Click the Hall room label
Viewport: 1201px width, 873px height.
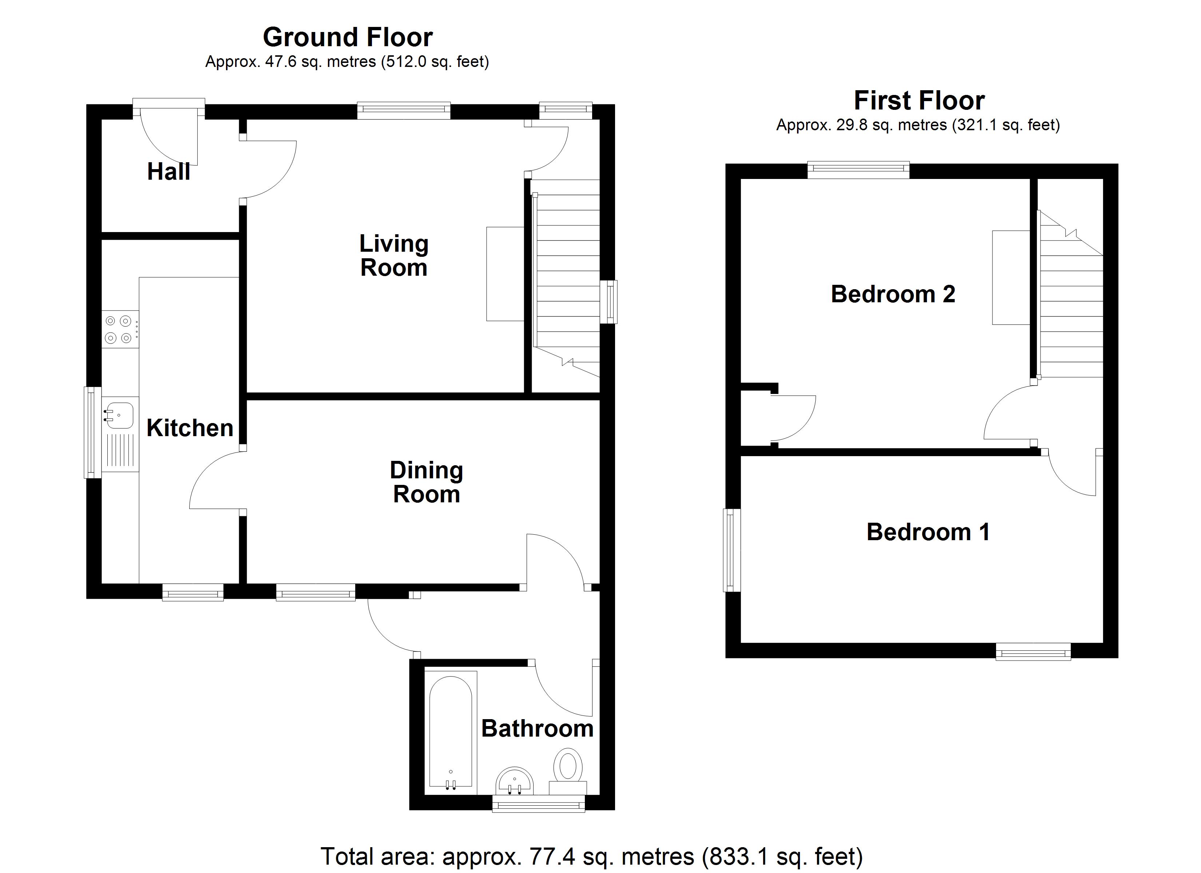point(169,172)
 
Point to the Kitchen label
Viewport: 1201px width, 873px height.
point(190,428)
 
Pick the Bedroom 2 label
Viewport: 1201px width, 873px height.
point(893,294)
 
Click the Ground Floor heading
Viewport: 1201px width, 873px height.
point(348,37)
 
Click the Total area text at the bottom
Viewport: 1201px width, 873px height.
point(591,856)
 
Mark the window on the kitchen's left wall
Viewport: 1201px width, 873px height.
point(93,432)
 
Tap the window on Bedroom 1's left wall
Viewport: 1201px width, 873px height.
point(732,550)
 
